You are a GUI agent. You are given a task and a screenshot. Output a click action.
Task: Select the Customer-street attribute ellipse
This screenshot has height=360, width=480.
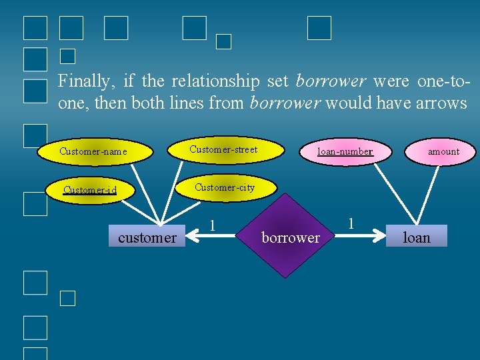pyautogui.click(x=223, y=149)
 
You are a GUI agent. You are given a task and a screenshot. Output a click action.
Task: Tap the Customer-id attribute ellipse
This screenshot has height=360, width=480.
pyautogui.click(x=90, y=190)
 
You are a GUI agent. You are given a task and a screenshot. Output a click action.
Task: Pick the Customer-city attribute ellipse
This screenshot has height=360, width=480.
pyautogui.click(x=225, y=187)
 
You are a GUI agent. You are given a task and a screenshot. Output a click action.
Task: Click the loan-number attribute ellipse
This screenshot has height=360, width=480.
pyautogui.click(x=345, y=151)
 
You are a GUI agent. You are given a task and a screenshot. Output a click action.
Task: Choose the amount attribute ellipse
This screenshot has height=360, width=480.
pyautogui.click(x=443, y=151)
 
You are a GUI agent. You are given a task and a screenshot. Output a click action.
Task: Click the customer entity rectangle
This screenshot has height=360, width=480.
pyautogui.click(x=147, y=237)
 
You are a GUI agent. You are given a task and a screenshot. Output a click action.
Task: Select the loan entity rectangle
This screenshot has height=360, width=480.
pyautogui.click(x=417, y=237)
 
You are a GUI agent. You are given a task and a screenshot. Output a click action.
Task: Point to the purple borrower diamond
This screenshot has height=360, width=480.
pyautogui.click(x=291, y=236)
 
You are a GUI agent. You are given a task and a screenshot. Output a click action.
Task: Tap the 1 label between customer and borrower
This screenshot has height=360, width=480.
pyautogui.click(x=212, y=226)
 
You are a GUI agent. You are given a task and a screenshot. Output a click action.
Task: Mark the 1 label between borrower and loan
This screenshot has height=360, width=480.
pyautogui.click(x=351, y=223)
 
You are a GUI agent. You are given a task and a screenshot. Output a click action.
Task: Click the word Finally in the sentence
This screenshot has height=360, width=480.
pyautogui.click(x=84, y=81)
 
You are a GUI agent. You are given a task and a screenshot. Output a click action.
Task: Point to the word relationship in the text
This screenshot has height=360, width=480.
pyautogui.click(x=215, y=81)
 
